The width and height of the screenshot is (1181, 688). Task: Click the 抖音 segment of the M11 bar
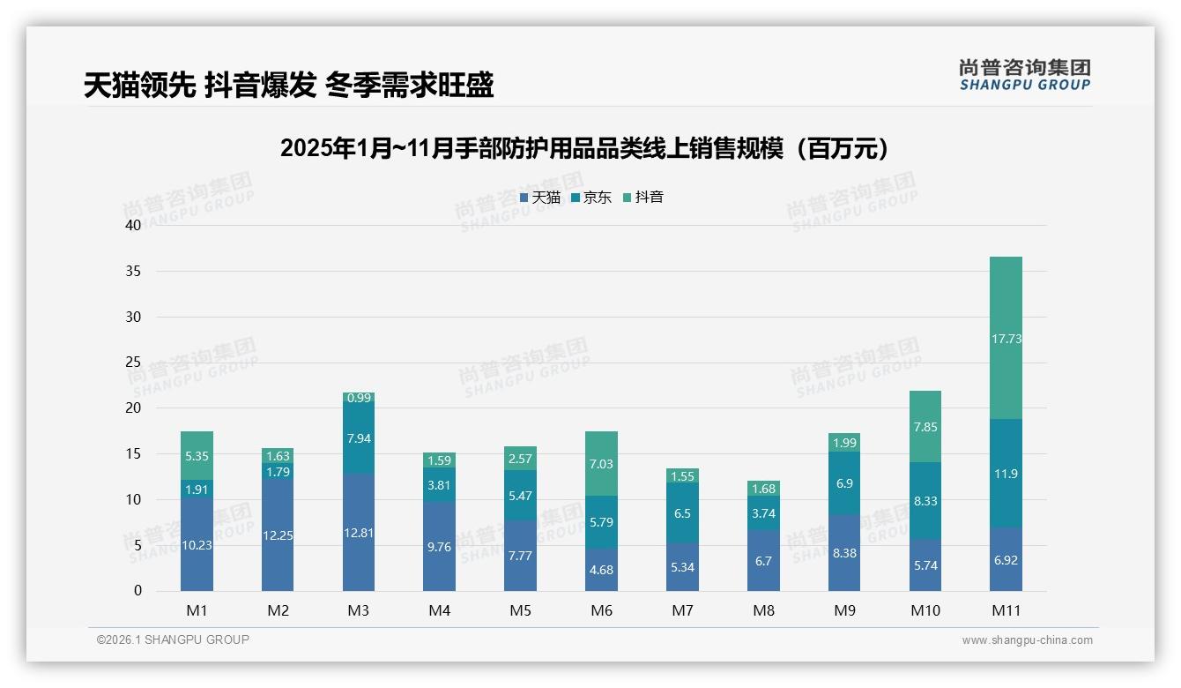(x=1006, y=338)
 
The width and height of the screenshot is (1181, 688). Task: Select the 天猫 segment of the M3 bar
(x=358, y=532)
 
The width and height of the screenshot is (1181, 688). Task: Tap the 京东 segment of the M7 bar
(x=682, y=512)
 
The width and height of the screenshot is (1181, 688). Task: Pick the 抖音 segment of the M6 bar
(x=601, y=463)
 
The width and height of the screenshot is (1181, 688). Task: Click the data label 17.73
(x=1006, y=339)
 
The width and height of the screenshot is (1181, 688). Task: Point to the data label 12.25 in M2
(x=278, y=535)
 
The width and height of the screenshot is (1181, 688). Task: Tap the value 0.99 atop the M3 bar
(x=358, y=398)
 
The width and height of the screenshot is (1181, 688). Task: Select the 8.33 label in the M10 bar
(x=925, y=500)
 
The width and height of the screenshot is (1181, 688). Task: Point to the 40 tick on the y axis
(x=133, y=225)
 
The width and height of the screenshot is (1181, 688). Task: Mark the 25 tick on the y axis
(x=133, y=363)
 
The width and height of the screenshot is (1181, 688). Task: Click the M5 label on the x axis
(x=520, y=610)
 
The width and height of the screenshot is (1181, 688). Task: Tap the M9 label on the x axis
(x=844, y=610)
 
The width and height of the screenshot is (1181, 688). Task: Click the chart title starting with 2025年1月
(x=589, y=148)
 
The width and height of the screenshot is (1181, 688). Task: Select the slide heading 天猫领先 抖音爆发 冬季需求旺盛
(x=288, y=85)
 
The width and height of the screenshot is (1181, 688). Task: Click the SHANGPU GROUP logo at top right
(x=1024, y=75)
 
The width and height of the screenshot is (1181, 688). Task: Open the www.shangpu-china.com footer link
(x=1027, y=640)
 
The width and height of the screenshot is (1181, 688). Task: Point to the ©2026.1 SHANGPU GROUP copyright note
(x=173, y=639)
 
